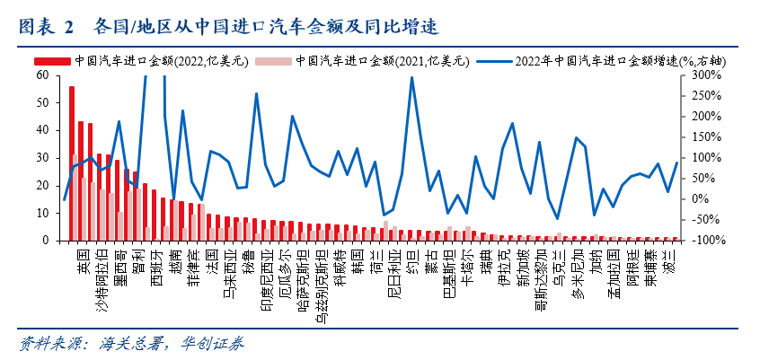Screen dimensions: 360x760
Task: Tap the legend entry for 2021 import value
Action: (x=368, y=61)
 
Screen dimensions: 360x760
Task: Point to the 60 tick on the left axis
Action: (x=42, y=75)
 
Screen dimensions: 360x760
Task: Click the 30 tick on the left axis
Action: (x=42, y=158)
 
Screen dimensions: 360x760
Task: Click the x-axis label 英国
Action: (x=82, y=256)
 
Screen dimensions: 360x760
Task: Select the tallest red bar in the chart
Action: (x=72, y=162)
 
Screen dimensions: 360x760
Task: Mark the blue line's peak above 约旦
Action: (x=411, y=78)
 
